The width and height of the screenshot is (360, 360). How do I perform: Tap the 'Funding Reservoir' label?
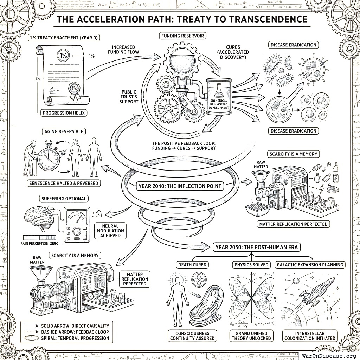pyautogui.click(x=182, y=36)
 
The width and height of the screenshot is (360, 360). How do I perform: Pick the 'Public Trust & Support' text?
pyautogui.click(x=129, y=96)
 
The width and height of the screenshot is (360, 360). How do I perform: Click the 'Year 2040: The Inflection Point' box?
pyautogui.click(x=180, y=186)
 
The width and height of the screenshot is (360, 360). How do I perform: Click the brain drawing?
pyautogui.click(x=39, y=217)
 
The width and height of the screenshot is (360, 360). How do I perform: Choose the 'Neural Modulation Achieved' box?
pyautogui.click(x=110, y=231)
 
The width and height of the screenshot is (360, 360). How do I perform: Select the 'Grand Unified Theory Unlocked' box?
pyautogui.click(x=251, y=336)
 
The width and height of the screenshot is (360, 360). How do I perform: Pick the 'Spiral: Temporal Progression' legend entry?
pyautogui.click(x=75, y=338)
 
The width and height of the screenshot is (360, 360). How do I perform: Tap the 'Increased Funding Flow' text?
pyautogui.click(x=126, y=50)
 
